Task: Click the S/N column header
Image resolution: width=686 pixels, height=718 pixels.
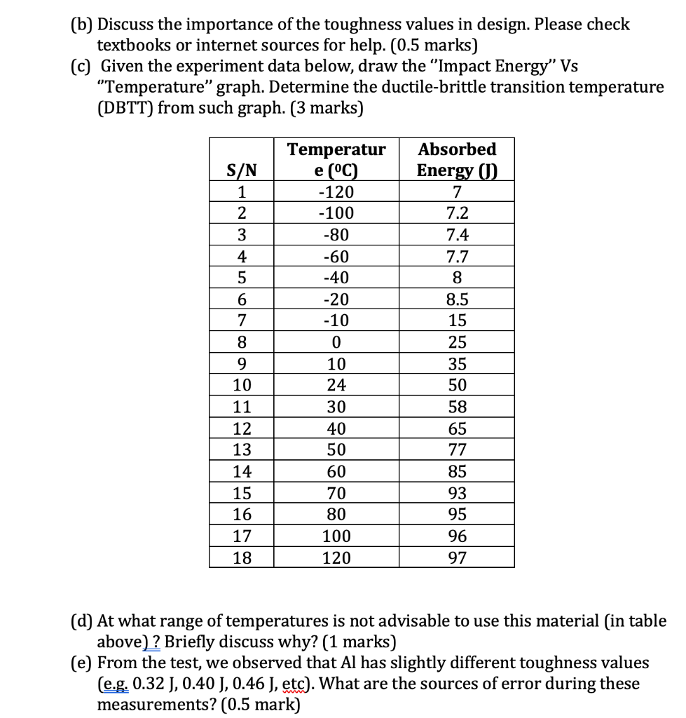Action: pos(241,170)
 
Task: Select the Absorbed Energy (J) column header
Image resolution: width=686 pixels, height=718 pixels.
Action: pos(456,160)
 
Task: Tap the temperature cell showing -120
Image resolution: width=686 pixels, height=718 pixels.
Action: pos(336,192)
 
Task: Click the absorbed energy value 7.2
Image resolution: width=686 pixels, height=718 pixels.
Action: pos(457,214)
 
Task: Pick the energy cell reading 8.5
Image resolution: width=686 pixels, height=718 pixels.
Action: pos(457,300)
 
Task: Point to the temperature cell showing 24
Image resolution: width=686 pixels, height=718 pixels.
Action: pos(336,386)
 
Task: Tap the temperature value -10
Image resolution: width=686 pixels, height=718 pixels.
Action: pos(336,321)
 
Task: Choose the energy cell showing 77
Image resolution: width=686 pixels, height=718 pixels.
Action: pos(457,450)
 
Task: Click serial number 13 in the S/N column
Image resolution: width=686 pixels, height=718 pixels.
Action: pos(241,450)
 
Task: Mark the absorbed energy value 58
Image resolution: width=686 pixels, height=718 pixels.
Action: pos(457,407)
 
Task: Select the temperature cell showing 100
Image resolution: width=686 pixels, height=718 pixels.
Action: pos(336,536)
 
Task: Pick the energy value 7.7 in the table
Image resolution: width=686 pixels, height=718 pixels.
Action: pos(457,257)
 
